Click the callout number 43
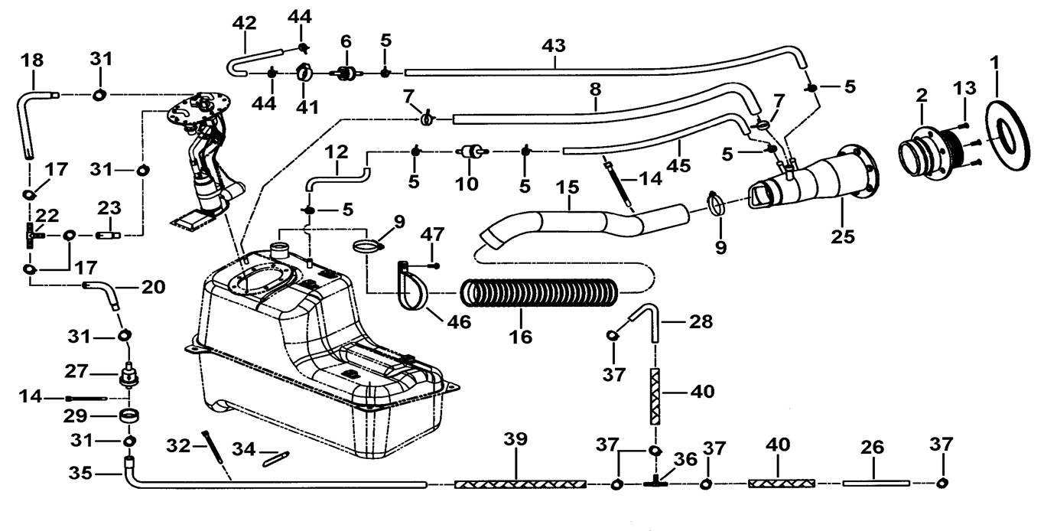(554, 47)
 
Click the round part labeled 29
(129, 418)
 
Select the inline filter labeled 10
(468, 153)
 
